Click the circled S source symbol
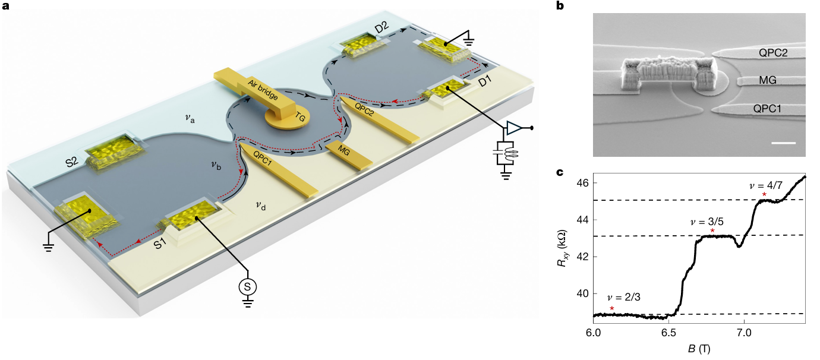[x=249, y=286]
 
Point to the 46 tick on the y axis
[x=581, y=183]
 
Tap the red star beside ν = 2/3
[x=612, y=308]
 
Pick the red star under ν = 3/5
[x=712, y=230]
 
